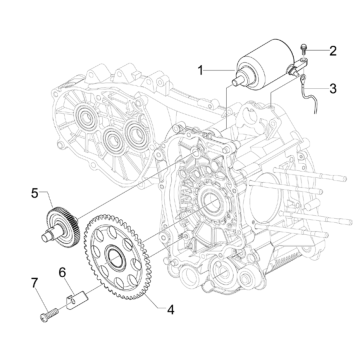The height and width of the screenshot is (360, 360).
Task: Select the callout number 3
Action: (x=335, y=87)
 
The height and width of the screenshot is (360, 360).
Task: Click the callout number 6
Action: (x=63, y=270)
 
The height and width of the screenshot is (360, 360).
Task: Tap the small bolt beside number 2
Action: (x=306, y=49)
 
